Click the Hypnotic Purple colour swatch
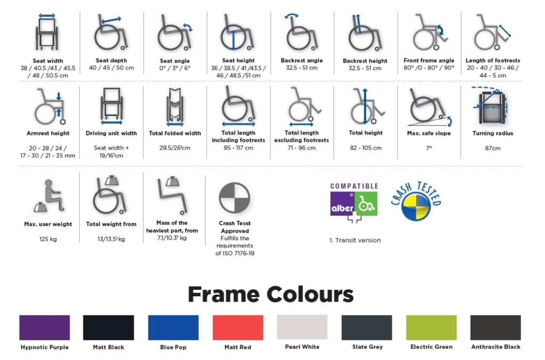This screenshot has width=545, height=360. tap(45, 328)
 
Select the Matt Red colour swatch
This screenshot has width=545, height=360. tap(238, 328)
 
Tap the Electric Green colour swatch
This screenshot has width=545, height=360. tap(431, 328)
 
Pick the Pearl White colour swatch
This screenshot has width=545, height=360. tap(302, 327)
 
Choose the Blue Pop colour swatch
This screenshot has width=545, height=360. tap(173, 328)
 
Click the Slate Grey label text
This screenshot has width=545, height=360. tap(367, 347)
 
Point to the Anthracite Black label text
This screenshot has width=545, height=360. tap(496, 347)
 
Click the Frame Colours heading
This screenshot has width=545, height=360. tap(271, 295)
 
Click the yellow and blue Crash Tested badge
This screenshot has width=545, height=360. tap(416, 202)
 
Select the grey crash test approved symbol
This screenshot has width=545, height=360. tap(235, 198)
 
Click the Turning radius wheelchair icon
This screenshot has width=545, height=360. tap(491, 105)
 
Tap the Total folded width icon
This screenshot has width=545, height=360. tap(175, 107)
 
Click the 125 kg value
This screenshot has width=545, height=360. tap(48, 239)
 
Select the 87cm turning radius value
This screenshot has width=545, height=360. tap(492, 148)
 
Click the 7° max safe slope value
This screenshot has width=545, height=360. tap(429, 148)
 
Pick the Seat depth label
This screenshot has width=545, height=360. tap(111, 61)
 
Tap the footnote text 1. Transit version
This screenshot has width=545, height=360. tap(355, 240)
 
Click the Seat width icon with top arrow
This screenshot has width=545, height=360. tap(47, 32)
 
